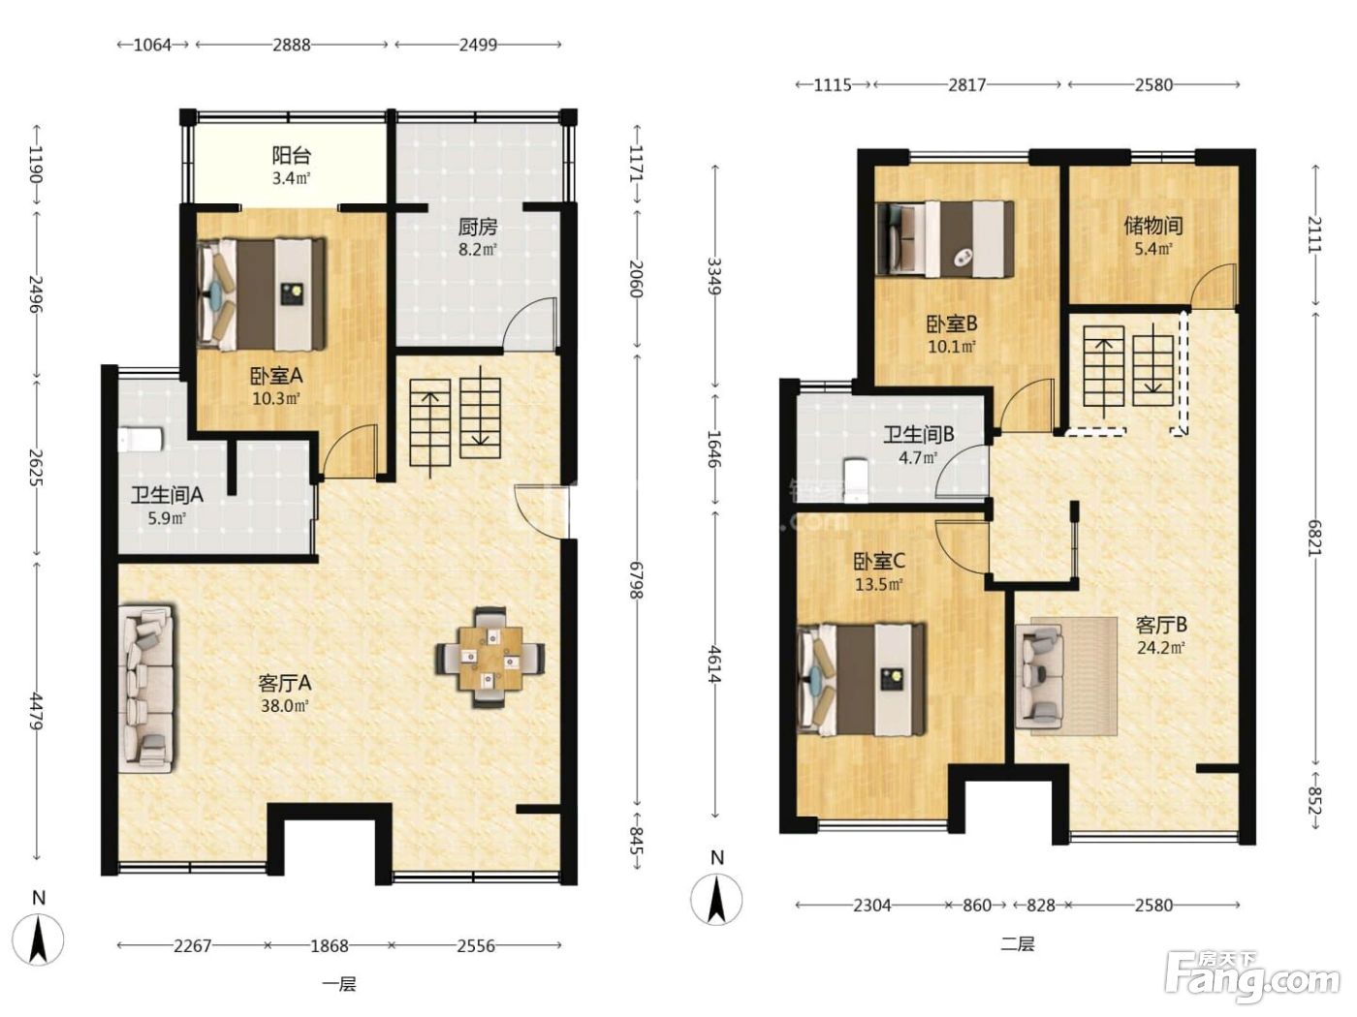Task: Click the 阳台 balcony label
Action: pos(291,155)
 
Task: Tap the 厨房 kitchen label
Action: pos(477,228)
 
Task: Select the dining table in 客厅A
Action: pos(490,657)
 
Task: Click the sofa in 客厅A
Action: pos(146,689)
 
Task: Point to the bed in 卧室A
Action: pos(262,294)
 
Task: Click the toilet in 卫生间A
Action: pos(141,440)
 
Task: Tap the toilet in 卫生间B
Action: pos(856,479)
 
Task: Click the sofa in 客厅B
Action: pos(1039,676)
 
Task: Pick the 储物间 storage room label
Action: pos(1153,226)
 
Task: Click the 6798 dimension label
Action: pos(636,579)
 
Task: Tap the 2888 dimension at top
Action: pos(292,46)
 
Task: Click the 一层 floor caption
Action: pos(339,984)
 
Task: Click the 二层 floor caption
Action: pos(1017,944)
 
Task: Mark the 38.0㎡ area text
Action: pos(284,705)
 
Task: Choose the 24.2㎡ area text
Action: pos(1161,648)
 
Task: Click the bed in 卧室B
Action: pos(945,238)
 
